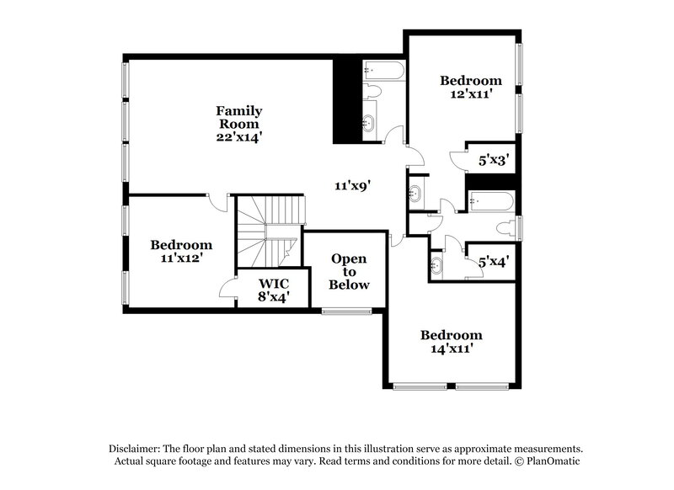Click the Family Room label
tap(239, 117)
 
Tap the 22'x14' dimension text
tap(239, 136)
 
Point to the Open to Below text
tap(350, 272)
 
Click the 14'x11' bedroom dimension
tap(451, 347)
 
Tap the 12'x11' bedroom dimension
tap(471, 94)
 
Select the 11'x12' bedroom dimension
tap(176, 258)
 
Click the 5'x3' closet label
tap(493, 157)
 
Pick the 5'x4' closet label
tap(493, 262)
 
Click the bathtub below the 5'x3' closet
tap(489, 201)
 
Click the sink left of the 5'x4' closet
tap(436, 267)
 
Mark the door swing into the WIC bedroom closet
tap(227, 289)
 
